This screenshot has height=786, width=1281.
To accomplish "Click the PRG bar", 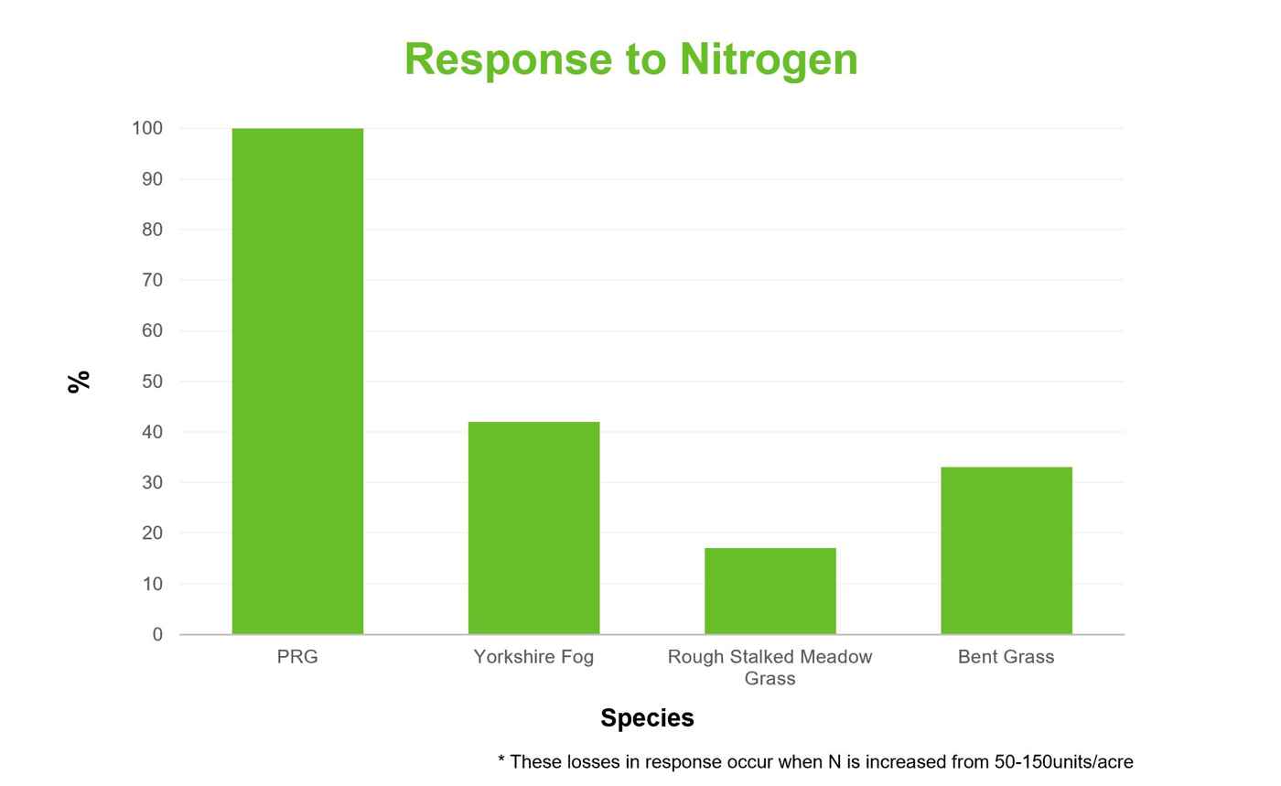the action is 297,381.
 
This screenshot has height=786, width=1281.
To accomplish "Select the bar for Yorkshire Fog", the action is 534,528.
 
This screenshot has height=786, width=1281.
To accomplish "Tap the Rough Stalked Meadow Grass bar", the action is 770,591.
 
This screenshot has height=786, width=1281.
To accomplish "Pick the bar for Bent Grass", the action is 1006,550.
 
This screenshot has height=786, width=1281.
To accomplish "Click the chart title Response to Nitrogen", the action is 631,60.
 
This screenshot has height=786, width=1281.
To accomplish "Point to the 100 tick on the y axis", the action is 147,128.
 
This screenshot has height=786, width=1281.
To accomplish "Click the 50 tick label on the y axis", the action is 152,382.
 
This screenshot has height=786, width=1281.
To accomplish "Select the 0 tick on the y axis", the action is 157,634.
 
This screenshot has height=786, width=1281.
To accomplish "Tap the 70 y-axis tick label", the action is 152,280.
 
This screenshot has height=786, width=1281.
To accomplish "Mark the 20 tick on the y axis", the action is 152,533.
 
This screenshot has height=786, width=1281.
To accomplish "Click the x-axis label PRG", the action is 297,657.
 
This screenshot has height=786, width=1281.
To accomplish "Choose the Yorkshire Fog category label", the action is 534,657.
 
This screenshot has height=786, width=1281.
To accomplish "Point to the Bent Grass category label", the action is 1006,657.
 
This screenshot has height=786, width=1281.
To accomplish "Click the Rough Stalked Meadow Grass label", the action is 770,668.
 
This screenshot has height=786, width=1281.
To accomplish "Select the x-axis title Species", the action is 648,718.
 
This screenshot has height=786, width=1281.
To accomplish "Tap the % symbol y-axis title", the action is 79,382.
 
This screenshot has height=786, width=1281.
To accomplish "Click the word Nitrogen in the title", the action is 770,60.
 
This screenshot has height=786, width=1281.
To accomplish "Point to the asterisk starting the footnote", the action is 501,759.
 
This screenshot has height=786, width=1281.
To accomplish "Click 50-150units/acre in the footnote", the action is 1063,762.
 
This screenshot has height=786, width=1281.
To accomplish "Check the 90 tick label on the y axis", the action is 152,179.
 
